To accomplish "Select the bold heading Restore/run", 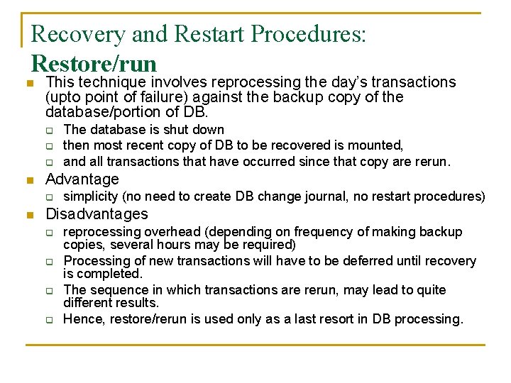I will point(94,64).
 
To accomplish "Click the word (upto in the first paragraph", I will point(63,97).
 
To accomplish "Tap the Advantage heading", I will point(82,179).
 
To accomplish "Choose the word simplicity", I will point(91,196).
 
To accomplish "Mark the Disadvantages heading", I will point(97,214).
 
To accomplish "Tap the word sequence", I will point(112,290).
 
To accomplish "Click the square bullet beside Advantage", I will point(28,180).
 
